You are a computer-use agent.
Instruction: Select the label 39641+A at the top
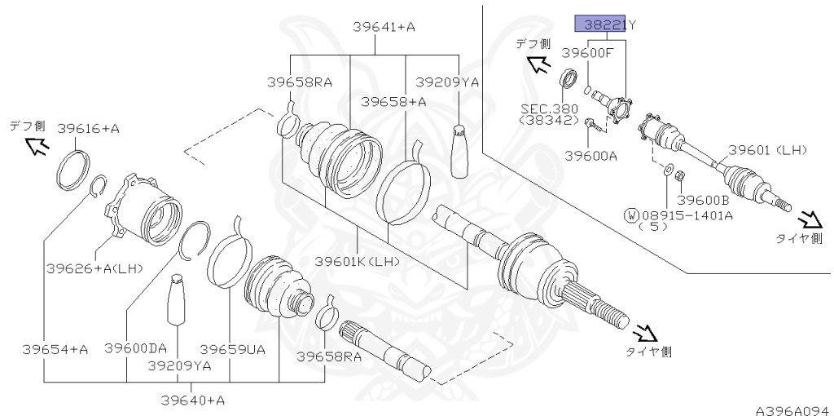tap(384, 27)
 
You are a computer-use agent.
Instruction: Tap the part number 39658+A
tap(394, 101)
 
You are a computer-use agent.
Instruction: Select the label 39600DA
tap(135, 348)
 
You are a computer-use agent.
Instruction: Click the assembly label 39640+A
tap(192, 400)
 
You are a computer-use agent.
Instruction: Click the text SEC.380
tap(549, 108)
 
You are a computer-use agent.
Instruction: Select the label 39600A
tap(590, 155)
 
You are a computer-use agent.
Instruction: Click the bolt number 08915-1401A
tap(687, 215)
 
